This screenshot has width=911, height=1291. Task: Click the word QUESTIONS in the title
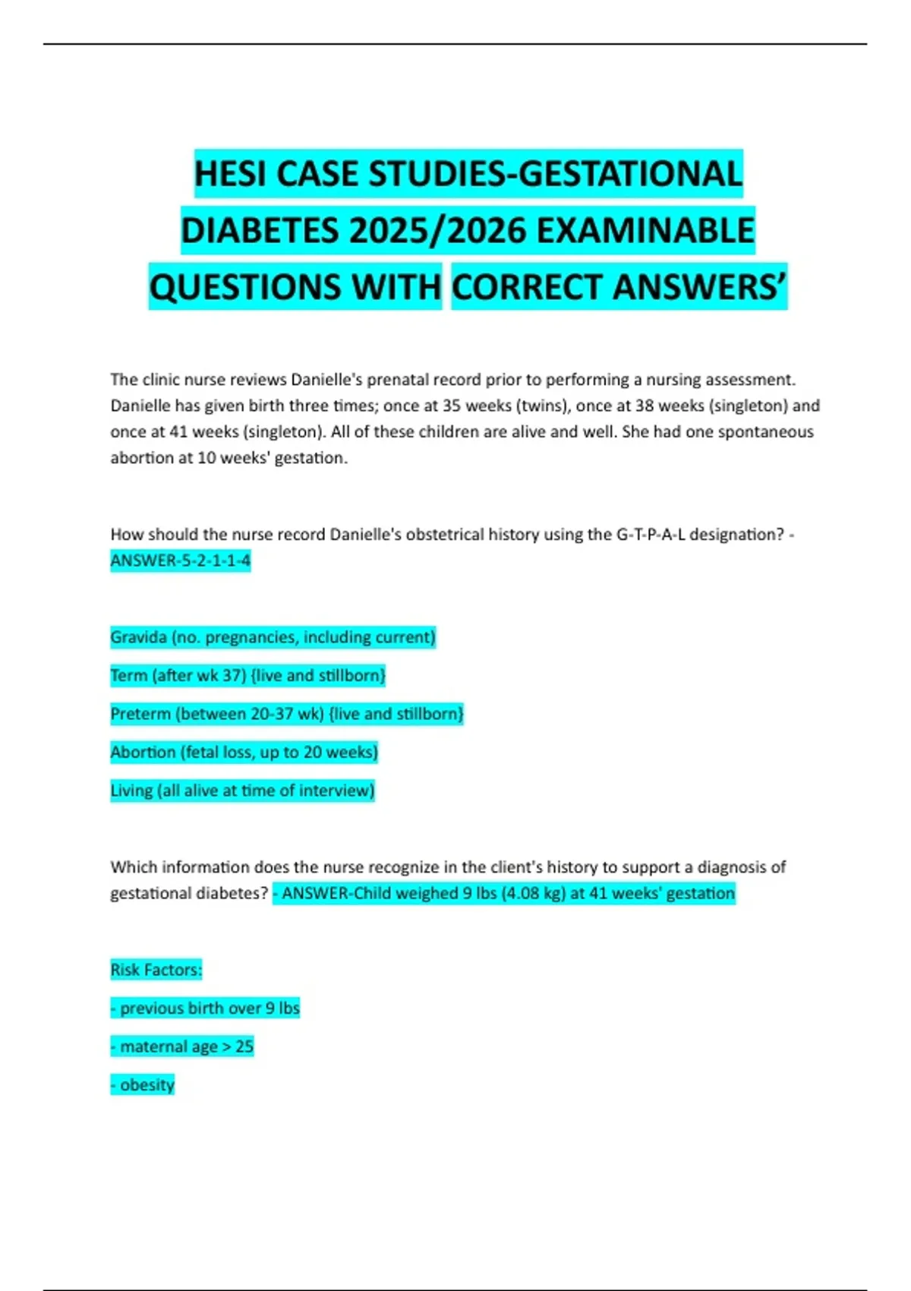pos(295,288)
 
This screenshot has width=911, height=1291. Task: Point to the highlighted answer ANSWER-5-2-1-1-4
pos(180,560)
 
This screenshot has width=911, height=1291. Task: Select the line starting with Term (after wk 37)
pos(247,675)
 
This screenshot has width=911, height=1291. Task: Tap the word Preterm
pos(140,714)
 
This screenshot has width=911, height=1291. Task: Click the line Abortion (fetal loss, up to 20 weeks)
pos(244,752)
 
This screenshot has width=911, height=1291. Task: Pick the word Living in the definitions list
pos(131,791)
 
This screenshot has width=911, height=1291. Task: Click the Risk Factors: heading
pos(156,970)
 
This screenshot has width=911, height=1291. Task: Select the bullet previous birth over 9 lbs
pos(205,1008)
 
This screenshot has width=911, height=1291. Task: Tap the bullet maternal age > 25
pos(182,1046)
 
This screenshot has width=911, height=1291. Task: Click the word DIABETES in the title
pos(260,231)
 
